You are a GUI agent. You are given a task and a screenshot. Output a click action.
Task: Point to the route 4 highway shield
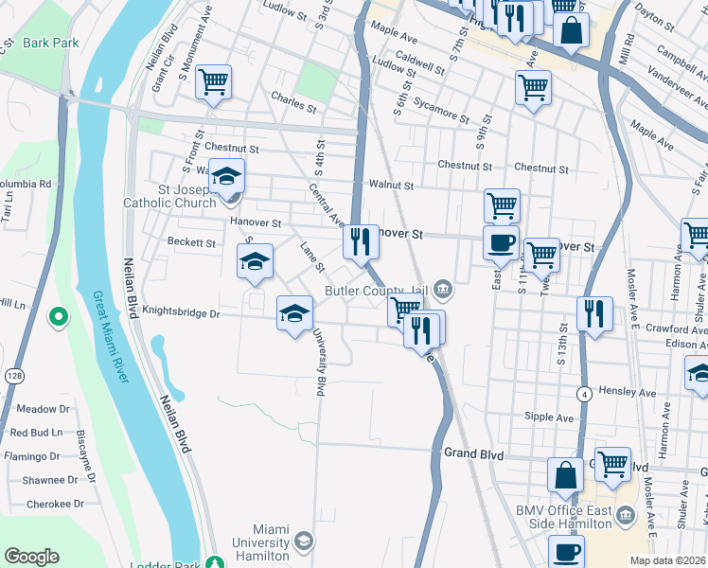coord(586,393)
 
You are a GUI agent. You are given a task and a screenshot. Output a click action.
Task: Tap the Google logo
coord(32,557)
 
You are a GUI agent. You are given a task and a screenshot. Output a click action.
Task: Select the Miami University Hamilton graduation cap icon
coord(303,541)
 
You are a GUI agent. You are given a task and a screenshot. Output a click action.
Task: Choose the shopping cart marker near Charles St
coord(214,83)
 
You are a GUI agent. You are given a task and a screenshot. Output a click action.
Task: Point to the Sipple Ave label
coord(549,417)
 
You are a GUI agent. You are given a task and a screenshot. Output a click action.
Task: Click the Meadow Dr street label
coord(36,409)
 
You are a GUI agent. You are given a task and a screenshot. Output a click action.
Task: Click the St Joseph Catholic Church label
coord(169,195)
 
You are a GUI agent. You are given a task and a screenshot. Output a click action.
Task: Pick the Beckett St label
coord(191,242)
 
